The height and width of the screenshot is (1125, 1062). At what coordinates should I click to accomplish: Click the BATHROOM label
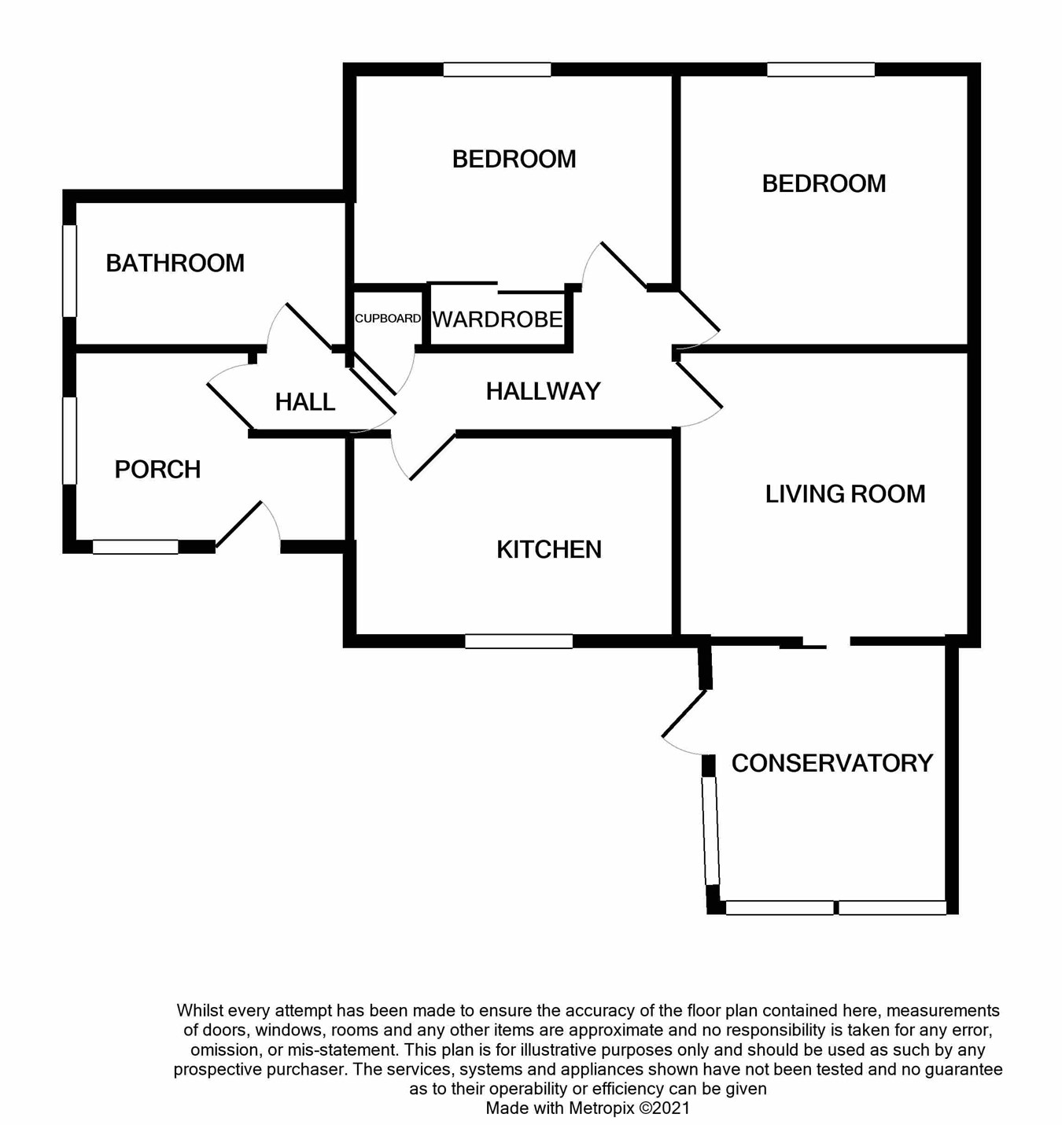pyautogui.click(x=175, y=263)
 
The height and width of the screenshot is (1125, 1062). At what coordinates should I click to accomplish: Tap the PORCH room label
pyautogui.click(x=157, y=470)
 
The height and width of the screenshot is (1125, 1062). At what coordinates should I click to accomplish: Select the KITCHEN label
pyautogui.click(x=549, y=549)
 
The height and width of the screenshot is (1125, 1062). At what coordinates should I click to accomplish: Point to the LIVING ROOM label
pyautogui.click(x=845, y=494)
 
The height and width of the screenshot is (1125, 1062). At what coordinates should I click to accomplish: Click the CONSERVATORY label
pyautogui.click(x=832, y=763)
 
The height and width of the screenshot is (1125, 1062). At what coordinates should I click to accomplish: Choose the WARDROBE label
pyautogui.click(x=497, y=319)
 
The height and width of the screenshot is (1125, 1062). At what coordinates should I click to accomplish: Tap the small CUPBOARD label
pyautogui.click(x=387, y=319)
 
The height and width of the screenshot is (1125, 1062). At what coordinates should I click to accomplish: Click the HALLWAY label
pyautogui.click(x=543, y=391)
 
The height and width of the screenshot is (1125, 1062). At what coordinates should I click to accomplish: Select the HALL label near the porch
pyautogui.click(x=304, y=402)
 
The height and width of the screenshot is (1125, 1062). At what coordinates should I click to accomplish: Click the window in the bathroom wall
pyautogui.click(x=69, y=271)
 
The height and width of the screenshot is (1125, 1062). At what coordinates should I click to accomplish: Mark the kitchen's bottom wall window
pyautogui.click(x=518, y=642)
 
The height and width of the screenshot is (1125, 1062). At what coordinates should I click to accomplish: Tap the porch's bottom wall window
pyautogui.click(x=135, y=547)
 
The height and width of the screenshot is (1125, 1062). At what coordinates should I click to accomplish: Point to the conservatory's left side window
pyautogui.click(x=710, y=831)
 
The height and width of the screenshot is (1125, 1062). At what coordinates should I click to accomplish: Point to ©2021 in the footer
pyautogui.click(x=664, y=1108)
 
